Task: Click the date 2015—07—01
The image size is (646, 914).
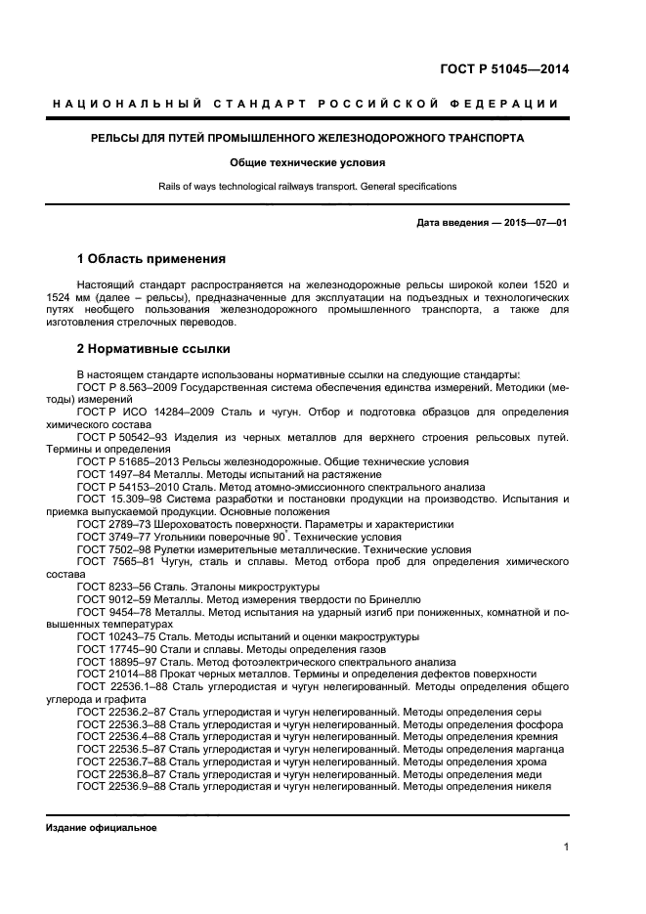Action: coord(535,223)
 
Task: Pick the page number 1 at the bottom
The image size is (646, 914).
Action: coord(566,849)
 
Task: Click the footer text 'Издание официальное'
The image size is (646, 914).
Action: coord(102,827)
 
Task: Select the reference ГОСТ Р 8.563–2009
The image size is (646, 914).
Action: coord(124,388)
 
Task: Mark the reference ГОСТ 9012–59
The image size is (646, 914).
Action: coord(114,599)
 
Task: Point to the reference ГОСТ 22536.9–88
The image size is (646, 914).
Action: coord(122,787)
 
